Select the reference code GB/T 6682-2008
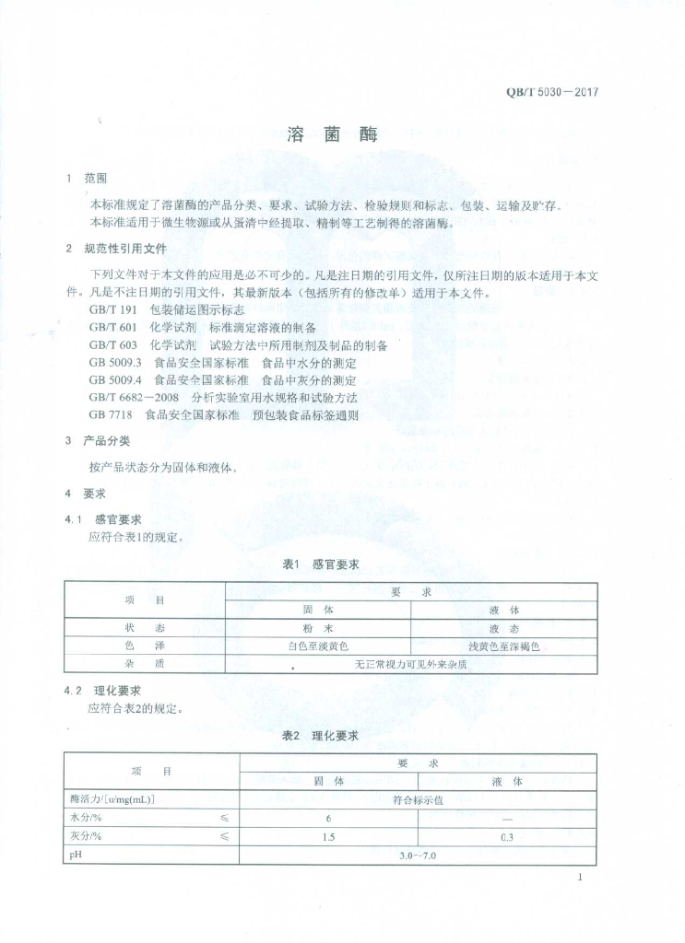[x=135, y=398]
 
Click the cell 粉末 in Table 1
[x=318, y=627]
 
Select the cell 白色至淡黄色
[x=318, y=646]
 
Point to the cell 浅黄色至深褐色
[x=503, y=646]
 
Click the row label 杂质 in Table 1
[x=145, y=663]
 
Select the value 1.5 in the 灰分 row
[x=328, y=837]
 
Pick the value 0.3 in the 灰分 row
[x=506, y=837]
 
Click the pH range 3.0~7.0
[x=418, y=856]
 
